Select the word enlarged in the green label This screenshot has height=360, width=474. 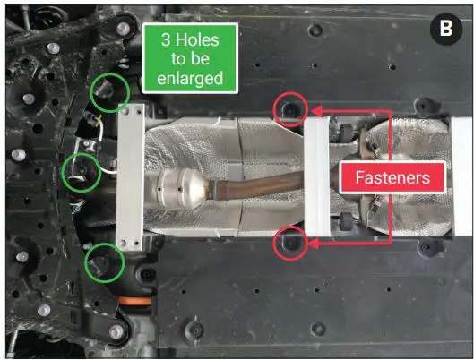[190, 79]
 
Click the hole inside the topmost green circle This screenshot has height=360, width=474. [108, 91]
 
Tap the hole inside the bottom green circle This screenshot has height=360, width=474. [105, 263]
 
